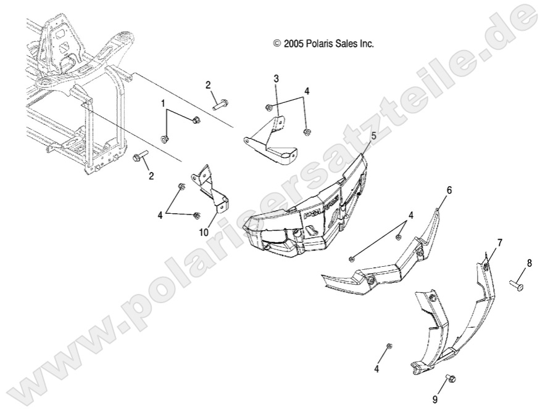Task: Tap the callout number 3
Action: [277, 78]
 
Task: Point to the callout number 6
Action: [449, 190]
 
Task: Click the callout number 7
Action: [499, 242]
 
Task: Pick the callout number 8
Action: [529, 263]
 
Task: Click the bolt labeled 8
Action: [516, 285]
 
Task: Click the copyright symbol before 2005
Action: [277, 44]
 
